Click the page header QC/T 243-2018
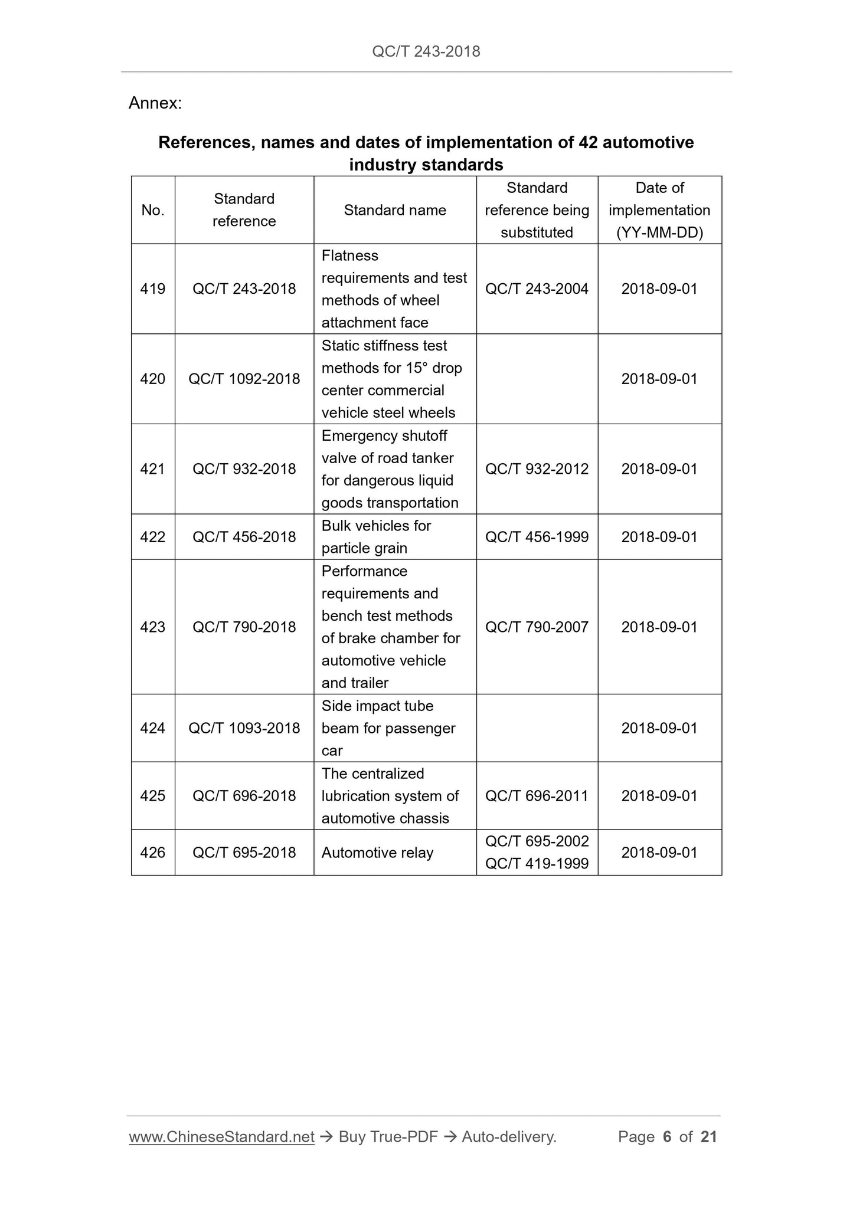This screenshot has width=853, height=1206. [426, 51]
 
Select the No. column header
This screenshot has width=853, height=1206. [153, 210]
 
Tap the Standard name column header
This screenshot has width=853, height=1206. [395, 210]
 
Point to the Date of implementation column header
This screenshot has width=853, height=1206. [659, 210]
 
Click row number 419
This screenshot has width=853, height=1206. [153, 289]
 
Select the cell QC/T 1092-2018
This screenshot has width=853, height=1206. [244, 379]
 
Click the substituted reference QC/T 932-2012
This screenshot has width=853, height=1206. [537, 469]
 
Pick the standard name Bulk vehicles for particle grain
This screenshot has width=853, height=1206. [376, 537]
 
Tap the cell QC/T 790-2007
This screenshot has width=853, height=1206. [537, 627]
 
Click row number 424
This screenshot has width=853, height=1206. [153, 728]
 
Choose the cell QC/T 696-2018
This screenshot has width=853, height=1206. [244, 796]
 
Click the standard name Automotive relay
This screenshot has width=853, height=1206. [377, 853]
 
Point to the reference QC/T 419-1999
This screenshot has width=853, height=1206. [537, 864]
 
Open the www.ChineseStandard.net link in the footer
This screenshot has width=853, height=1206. [221, 1137]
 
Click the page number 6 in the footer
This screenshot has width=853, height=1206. [667, 1137]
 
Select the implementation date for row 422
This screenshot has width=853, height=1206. [659, 537]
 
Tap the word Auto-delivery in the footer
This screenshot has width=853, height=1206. [509, 1137]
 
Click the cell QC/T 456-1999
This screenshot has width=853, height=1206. [537, 537]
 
